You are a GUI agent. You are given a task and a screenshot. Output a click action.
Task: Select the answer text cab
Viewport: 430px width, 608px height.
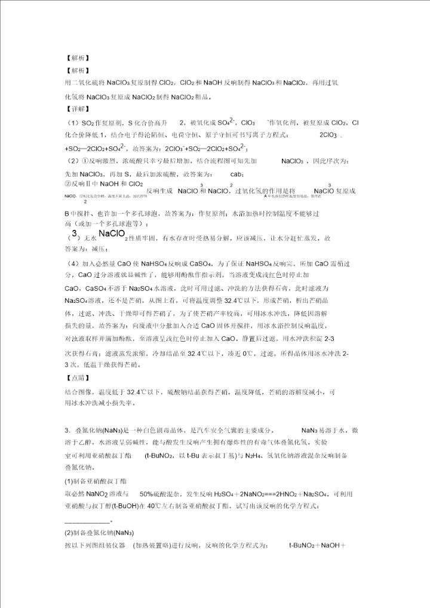(x=236, y=174)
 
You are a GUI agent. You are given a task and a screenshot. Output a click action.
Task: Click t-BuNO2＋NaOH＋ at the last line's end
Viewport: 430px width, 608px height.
(x=314, y=545)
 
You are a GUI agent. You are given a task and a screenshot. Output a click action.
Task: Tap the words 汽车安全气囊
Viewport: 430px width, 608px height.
(x=219, y=431)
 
